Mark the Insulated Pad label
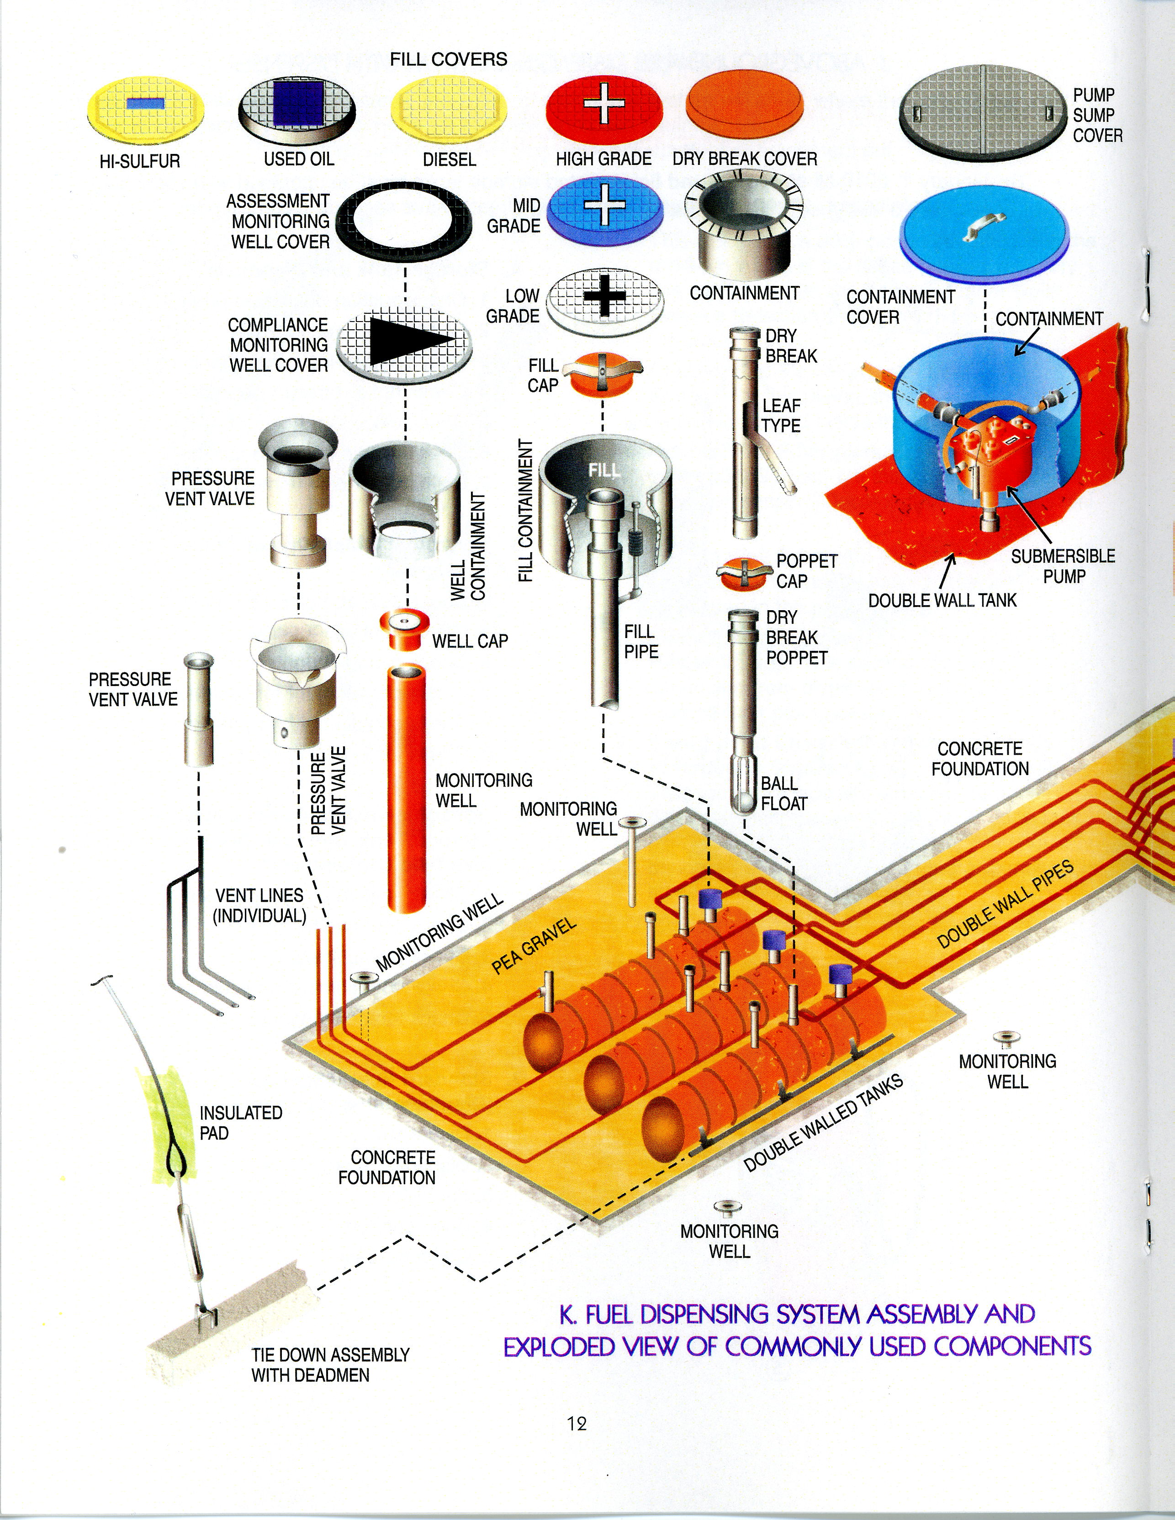[240, 1123]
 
